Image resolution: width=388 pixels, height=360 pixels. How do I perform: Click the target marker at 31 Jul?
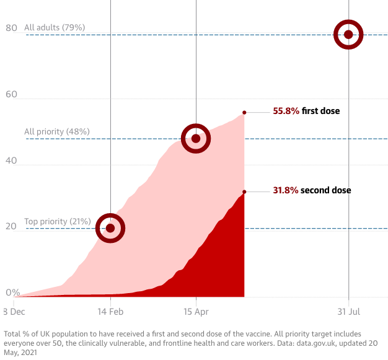click(348, 35)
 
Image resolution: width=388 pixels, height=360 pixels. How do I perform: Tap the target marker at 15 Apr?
click(196, 138)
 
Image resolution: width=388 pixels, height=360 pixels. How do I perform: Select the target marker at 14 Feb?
click(110, 228)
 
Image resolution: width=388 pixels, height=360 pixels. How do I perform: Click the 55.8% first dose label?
click(306, 112)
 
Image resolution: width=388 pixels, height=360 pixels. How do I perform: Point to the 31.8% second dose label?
click(312, 190)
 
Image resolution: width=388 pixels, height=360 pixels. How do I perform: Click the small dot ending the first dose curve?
click(244, 112)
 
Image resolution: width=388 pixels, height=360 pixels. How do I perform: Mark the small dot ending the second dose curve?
click(244, 191)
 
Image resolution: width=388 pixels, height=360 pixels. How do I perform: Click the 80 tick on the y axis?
click(11, 28)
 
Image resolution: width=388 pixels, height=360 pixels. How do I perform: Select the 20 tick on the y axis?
click(11, 226)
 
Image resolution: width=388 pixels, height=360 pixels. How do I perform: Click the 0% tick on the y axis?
click(12, 292)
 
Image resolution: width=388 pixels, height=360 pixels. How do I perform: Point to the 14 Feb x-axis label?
click(110, 312)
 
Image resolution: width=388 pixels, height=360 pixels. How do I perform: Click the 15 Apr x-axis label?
click(196, 312)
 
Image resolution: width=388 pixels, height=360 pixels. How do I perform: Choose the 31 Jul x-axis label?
click(349, 312)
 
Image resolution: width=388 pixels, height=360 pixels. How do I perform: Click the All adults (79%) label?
click(55, 28)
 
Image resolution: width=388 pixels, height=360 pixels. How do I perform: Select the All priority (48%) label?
click(57, 132)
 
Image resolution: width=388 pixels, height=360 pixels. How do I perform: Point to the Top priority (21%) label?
click(58, 221)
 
